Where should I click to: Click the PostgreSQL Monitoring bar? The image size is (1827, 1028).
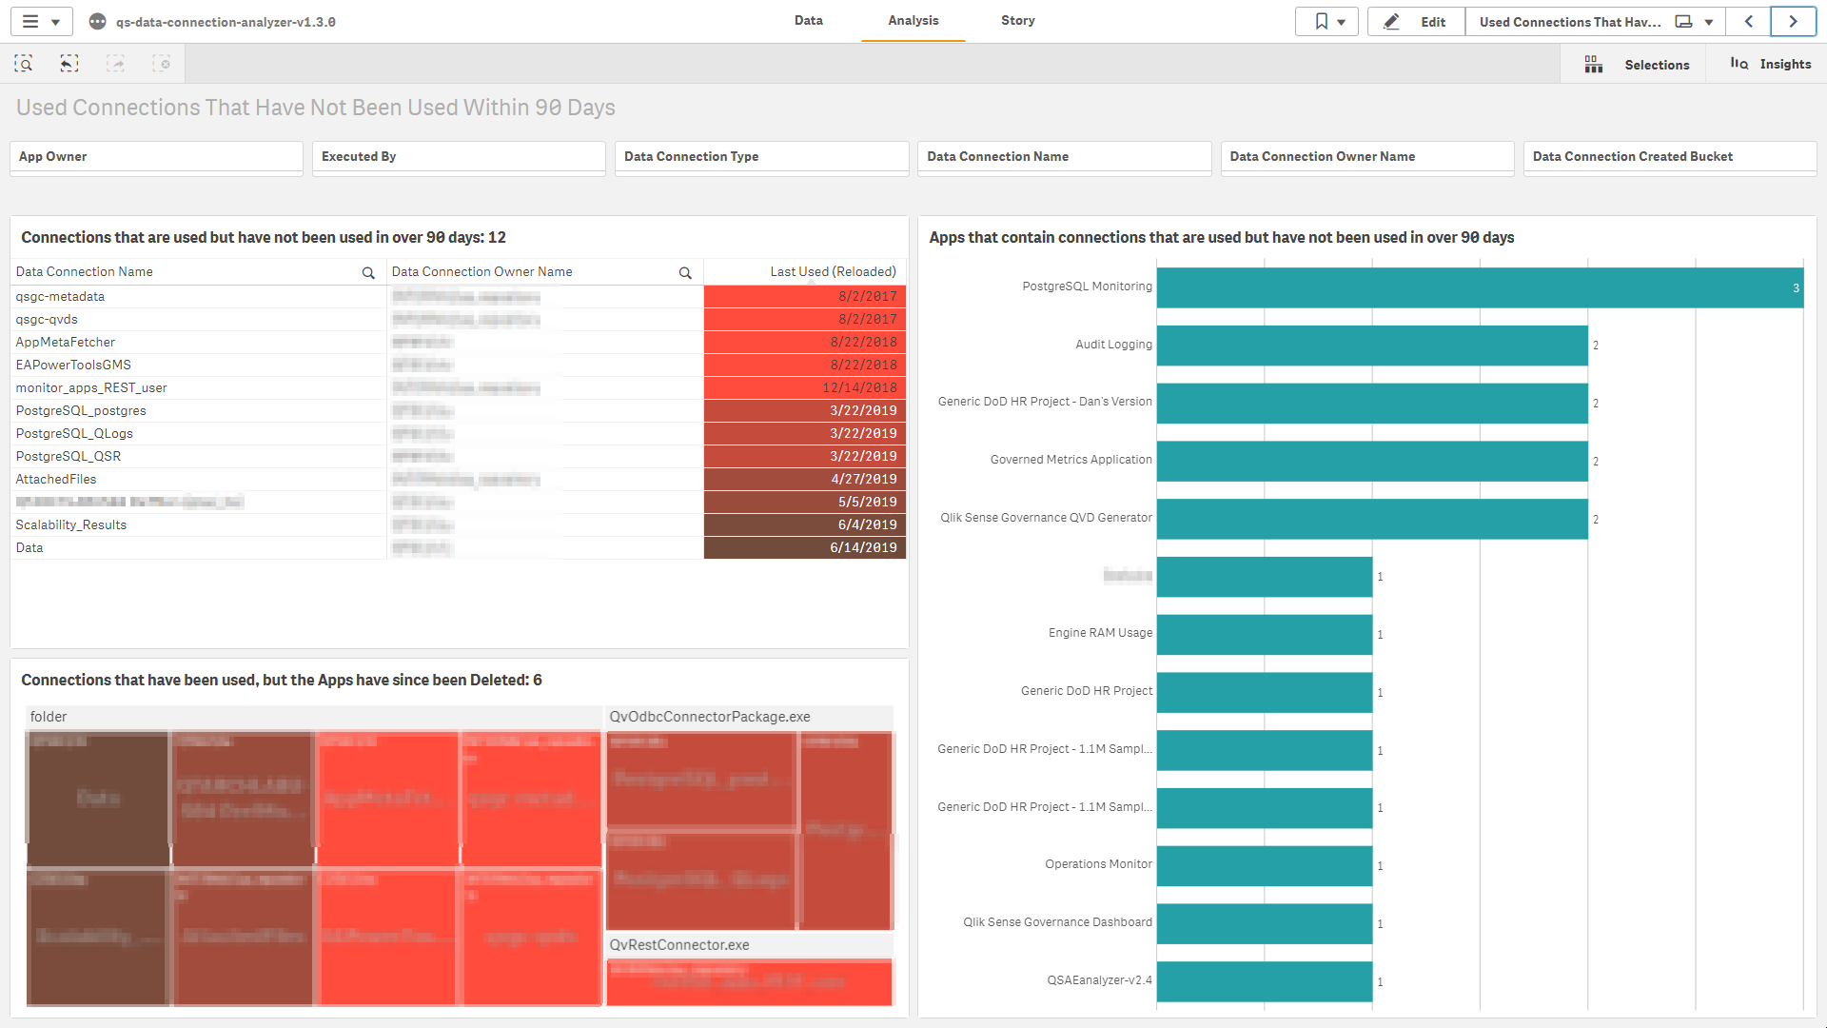[x=1480, y=287]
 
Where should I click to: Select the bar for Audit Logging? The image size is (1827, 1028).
[x=1371, y=346]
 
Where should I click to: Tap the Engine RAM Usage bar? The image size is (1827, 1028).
[x=1264, y=634]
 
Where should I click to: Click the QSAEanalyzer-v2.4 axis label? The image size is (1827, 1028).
[x=1099, y=980]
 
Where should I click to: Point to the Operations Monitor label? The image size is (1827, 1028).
[x=1098, y=864]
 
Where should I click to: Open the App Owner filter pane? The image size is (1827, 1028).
[x=156, y=157]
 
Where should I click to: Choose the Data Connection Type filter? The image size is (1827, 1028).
[x=761, y=157]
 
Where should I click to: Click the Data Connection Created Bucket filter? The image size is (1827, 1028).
[x=1669, y=157]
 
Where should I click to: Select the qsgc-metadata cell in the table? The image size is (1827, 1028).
[x=60, y=297]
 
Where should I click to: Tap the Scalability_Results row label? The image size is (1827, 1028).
[x=71, y=525]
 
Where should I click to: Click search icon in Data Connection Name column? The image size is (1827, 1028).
[x=368, y=273]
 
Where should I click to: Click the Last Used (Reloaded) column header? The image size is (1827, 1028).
[x=833, y=272]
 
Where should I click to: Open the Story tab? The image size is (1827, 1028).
[x=1017, y=21]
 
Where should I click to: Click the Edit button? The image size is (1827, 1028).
[x=1416, y=22]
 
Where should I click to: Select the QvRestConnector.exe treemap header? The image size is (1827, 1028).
[x=679, y=945]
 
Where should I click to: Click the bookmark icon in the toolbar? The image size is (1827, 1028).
[x=1321, y=22]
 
